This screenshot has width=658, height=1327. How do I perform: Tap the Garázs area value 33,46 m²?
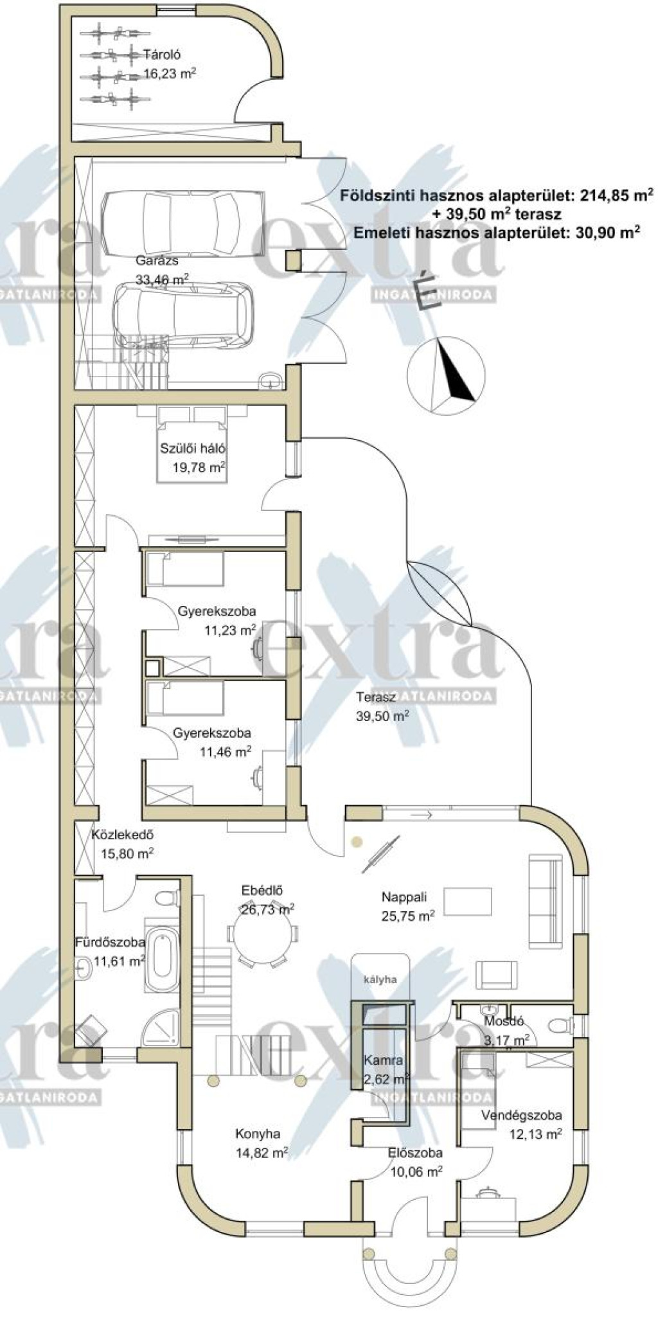(162, 278)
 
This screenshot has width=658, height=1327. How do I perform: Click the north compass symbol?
(446, 373)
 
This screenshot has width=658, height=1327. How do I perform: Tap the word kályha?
(380, 980)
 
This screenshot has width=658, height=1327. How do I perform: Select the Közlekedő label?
(122, 835)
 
